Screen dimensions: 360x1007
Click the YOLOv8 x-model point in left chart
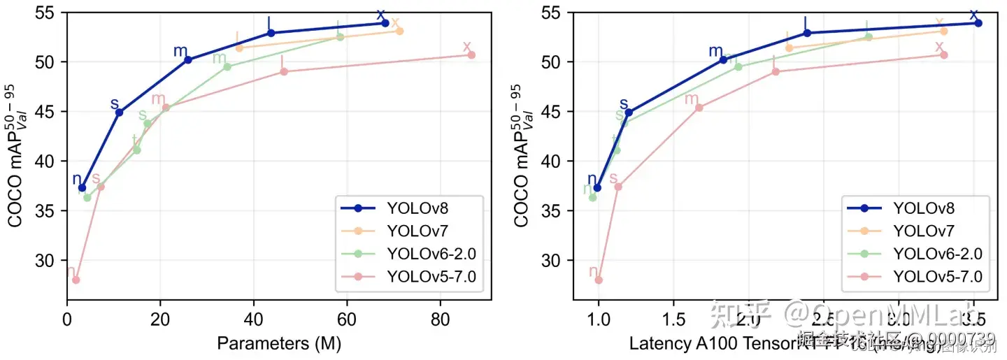tap(385, 23)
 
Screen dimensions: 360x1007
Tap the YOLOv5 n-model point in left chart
tap(76, 280)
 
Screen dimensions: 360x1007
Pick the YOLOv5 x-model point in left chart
tap(471, 55)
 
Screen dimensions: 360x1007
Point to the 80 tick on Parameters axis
tap(440, 317)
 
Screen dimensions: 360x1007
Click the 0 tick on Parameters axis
tap(67, 317)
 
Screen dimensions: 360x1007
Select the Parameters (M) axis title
tap(278, 343)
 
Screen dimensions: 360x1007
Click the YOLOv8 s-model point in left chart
tap(119, 112)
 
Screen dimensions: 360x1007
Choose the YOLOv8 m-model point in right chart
tap(723, 59)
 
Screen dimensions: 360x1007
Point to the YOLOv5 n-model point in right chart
tap(598, 280)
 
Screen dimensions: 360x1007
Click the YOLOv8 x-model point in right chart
tap(978, 23)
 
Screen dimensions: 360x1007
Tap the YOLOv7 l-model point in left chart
tap(239, 48)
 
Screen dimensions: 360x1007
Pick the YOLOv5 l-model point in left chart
tap(284, 71)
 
